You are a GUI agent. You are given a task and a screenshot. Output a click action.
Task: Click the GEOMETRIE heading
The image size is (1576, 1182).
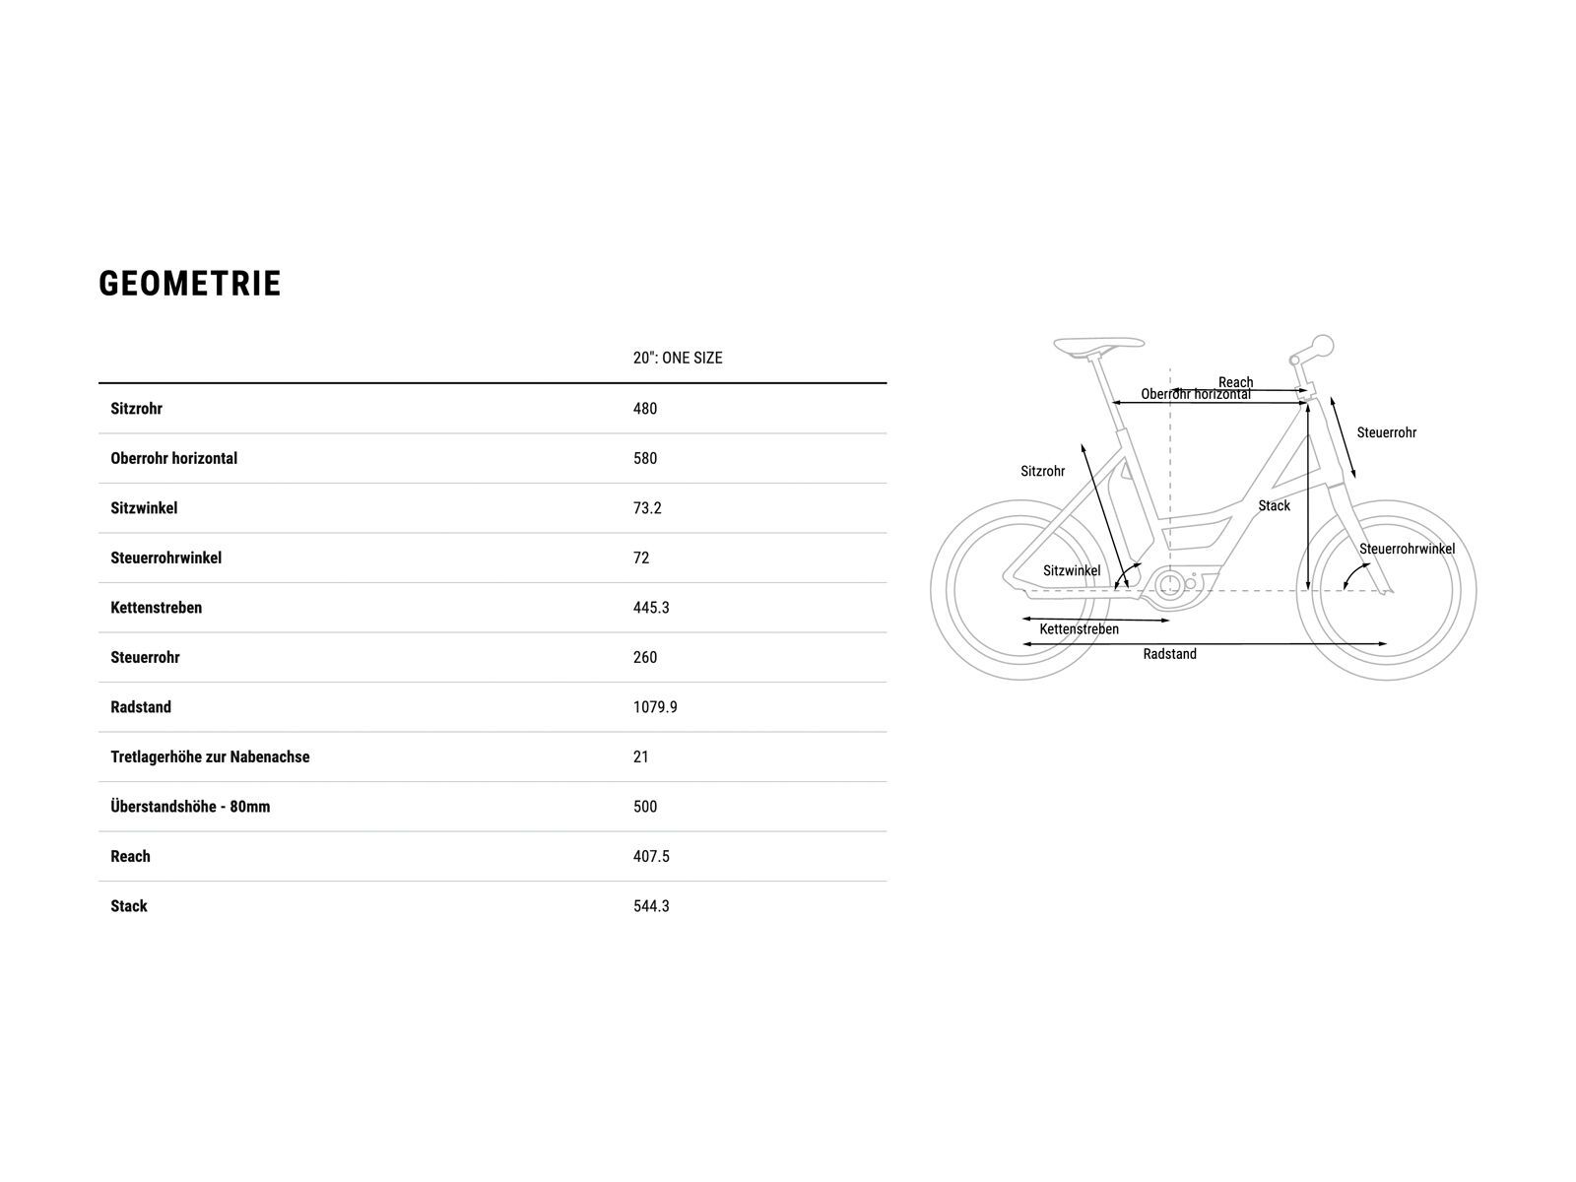click(189, 284)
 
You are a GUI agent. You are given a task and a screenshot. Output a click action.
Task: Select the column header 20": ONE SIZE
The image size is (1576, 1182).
click(677, 358)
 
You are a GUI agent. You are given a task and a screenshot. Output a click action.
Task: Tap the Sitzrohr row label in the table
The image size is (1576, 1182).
click(136, 409)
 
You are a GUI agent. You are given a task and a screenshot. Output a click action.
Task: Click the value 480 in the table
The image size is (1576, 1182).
click(645, 409)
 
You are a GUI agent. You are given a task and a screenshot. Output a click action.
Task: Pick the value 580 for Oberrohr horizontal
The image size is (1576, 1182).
click(645, 458)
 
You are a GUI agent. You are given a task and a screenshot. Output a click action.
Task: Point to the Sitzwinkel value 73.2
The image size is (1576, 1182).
click(647, 508)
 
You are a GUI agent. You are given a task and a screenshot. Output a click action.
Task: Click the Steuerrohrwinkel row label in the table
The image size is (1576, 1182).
click(165, 558)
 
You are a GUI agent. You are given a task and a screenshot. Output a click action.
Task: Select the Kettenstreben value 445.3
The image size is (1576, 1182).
click(651, 607)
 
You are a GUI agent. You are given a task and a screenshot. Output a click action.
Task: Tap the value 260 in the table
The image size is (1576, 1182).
click(645, 657)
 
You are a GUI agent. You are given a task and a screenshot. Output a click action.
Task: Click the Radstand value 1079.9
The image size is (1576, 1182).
click(655, 707)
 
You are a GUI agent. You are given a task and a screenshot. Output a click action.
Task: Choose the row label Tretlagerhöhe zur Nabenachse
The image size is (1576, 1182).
click(210, 756)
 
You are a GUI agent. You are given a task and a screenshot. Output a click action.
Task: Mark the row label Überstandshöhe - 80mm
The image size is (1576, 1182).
click(190, 806)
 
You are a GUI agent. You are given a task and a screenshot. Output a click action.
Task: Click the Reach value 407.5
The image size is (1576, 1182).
click(651, 856)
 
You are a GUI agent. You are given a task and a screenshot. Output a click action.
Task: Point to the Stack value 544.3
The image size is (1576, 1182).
click(651, 905)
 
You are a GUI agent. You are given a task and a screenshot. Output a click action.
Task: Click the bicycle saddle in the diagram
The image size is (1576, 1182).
click(1098, 346)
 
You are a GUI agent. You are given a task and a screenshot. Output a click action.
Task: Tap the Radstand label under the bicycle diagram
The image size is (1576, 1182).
click(1169, 654)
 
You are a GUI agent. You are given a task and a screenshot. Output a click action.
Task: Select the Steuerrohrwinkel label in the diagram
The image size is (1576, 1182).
click(1407, 549)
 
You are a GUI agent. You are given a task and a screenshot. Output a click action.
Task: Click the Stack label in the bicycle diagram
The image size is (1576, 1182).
click(1274, 506)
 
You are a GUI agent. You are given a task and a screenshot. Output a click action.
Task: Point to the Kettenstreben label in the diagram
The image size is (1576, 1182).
click(1079, 629)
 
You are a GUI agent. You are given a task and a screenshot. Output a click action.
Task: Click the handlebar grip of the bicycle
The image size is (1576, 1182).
click(1322, 346)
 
